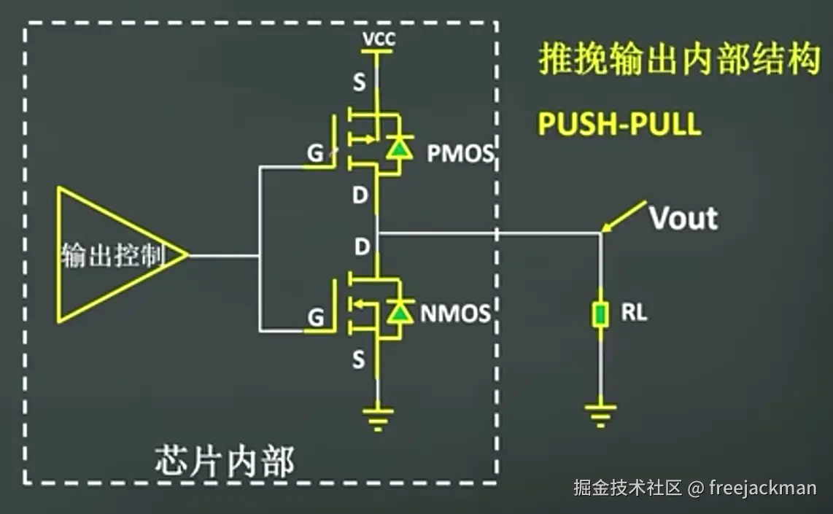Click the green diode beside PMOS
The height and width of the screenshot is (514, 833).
coord(398,149)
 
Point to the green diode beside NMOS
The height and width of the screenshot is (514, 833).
coord(398,311)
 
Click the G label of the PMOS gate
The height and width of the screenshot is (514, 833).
coord(315,154)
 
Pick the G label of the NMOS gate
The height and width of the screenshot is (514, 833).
coord(315,318)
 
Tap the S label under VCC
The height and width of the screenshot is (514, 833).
coord(359,83)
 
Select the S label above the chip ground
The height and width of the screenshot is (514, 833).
coord(359,359)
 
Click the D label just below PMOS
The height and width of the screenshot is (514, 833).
coord(360,196)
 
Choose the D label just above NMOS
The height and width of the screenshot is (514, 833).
coord(362,247)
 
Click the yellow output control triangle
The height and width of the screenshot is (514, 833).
coord(109,254)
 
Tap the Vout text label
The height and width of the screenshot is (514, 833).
coord(683,218)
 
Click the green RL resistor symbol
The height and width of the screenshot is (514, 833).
coord(600,315)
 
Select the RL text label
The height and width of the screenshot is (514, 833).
coord(634,314)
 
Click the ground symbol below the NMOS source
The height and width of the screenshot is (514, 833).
coord(378,418)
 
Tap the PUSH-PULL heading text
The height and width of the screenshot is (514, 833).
coord(619,124)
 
